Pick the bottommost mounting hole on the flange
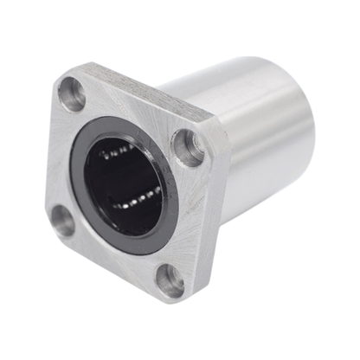[x=169, y=280]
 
